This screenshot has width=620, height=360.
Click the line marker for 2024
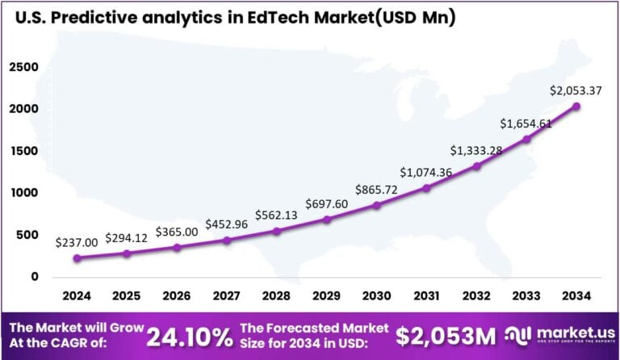click(x=77, y=258)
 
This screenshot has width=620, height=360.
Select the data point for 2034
click(x=576, y=106)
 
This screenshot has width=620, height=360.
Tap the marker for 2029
click(x=326, y=220)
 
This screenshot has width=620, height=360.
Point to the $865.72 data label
click(x=376, y=190)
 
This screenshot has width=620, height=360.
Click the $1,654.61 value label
click(x=526, y=123)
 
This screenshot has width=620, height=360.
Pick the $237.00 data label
click(x=77, y=241)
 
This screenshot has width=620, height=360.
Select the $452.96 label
click(x=227, y=224)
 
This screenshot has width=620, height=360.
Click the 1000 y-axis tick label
click(x=23, y=193)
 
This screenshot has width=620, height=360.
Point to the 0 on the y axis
click(x=34, y=277)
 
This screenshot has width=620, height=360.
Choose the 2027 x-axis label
click(x=227, y=296)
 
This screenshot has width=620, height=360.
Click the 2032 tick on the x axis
click(x=476, y=296)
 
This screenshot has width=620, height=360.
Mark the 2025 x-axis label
click(x=127, y=296)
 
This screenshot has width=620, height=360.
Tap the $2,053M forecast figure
click(x=441, y=335)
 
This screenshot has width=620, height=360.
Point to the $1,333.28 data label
click(x=476, y=150)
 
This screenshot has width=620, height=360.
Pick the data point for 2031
click(x=426, y=188)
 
